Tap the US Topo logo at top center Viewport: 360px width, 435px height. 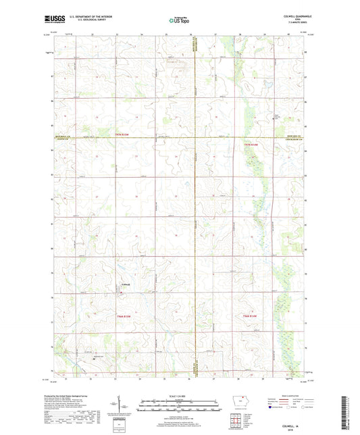pos(178,20)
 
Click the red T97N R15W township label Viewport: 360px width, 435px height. pos(121,136)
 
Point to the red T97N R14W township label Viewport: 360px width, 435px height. pos(251,143)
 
